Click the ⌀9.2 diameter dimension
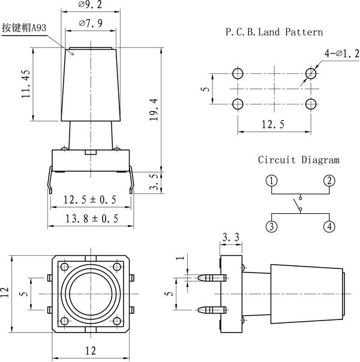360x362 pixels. pos(90,4)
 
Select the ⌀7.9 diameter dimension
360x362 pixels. pos(91,23)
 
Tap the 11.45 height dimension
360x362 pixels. pos(26,84)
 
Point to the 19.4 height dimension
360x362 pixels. pos(154,109)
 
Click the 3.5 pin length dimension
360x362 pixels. pos(154,182)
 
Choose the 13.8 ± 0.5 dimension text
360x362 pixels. pos(92,219)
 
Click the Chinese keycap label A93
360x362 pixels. pos(24,28)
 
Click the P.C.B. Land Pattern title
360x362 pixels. pos(274,32)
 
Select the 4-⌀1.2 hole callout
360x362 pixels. pos(342,53)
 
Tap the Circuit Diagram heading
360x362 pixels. pos(299,160)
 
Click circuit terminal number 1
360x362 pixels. pos(272,181)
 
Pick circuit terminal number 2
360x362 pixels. pos(329,181)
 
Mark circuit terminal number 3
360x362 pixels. pos(272,226)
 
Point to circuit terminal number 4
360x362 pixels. pos(329,226)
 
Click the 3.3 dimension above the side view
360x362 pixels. pos(231,237)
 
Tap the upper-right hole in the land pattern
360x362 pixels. pos(311,74)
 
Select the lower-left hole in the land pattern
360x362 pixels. pos(238,104)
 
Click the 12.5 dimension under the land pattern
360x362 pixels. pos(273,124)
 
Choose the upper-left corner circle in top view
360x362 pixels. pos(64,267)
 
